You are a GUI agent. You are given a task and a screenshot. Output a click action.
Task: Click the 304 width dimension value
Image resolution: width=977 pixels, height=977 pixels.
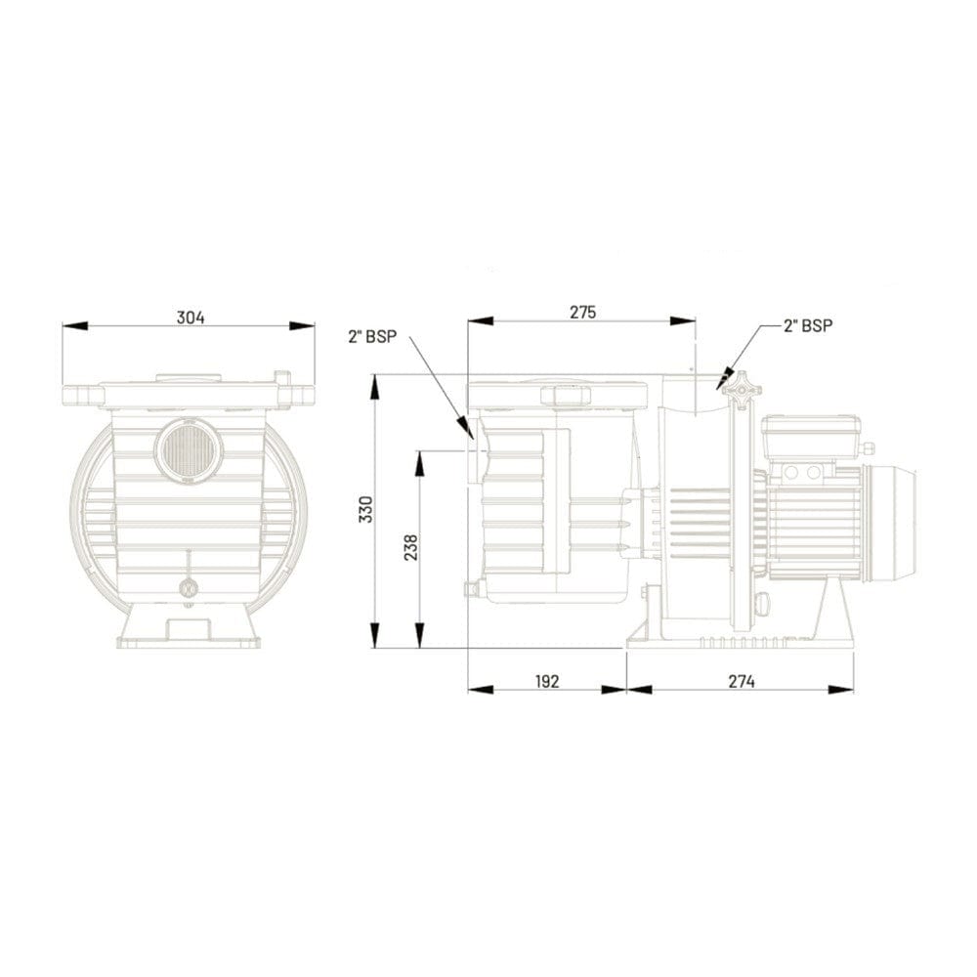191,318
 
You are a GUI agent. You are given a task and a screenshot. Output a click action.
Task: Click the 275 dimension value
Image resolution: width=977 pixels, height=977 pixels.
582,312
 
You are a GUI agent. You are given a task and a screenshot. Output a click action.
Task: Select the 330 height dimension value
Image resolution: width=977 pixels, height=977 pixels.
367,510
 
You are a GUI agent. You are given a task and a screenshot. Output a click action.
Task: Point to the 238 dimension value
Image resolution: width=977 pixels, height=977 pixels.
411,547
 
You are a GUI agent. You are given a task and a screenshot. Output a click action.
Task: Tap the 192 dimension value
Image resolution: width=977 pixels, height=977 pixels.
547,681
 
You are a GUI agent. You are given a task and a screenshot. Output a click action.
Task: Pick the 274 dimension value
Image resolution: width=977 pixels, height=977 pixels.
742,681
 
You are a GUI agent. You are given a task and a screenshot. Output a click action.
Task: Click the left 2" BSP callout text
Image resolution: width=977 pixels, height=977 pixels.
372,336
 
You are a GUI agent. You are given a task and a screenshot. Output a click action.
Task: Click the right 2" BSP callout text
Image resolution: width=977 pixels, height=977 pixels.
808,325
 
